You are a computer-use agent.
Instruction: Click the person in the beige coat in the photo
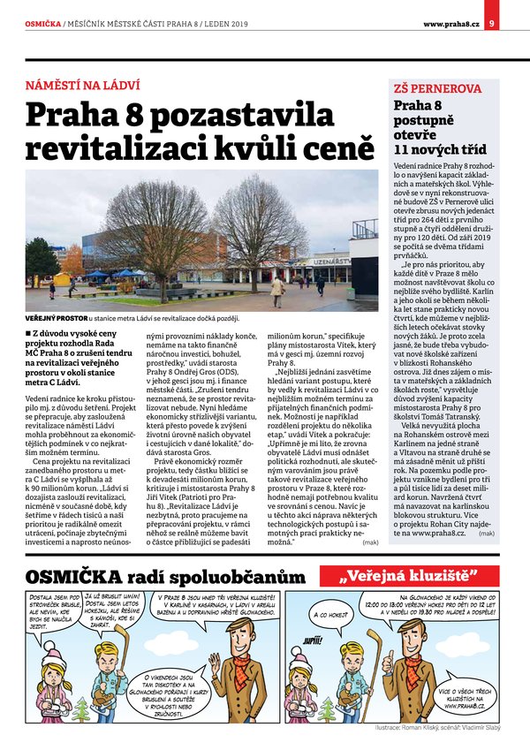pyautogui.click(x=276, y=289)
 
